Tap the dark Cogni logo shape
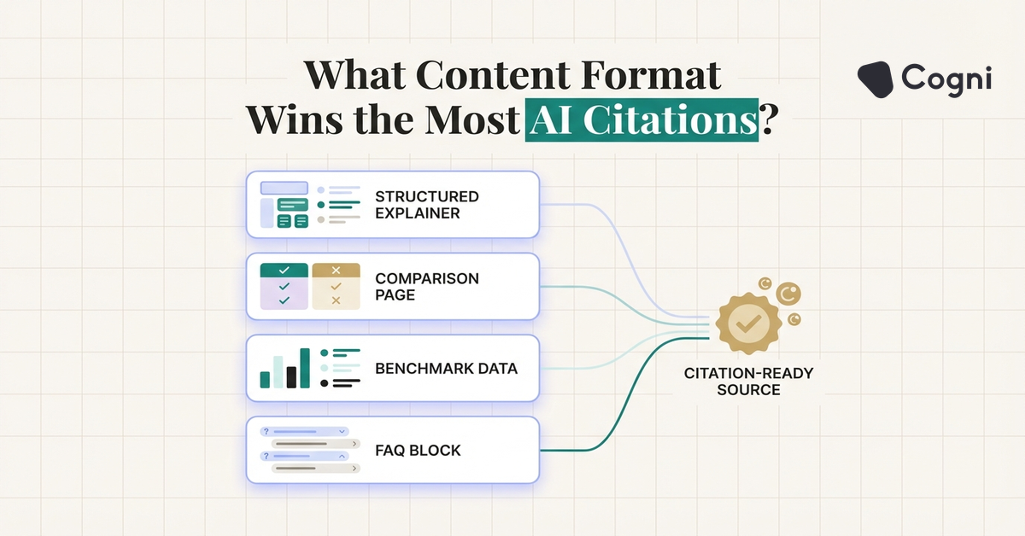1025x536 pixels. click(x=876, y=79)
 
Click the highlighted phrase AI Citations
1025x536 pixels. click(x=641, y=119)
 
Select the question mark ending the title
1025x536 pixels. click(x=769, y=119)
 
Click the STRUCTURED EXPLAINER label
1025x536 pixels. click(x=426, y=205)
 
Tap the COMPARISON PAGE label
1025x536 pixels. click(x=426, y=287)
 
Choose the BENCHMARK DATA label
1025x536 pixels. click(x=446, y=369)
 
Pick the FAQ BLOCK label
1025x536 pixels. click(x=418, y=451)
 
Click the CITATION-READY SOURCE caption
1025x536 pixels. click(x=748, y=382)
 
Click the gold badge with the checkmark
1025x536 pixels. click(x=748, y=323)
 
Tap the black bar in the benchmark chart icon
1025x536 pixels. click(x=291, y=377)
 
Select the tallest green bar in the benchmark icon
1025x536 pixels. click(x=305, y=368)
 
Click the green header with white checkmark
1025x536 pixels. click(x=284, y=271)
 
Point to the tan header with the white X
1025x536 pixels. click(x=336, y=271)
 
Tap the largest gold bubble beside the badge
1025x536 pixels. click(x=788, y=294)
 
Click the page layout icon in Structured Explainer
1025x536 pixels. click(x=284, y=205)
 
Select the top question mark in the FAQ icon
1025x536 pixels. click(x=266, y=431)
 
